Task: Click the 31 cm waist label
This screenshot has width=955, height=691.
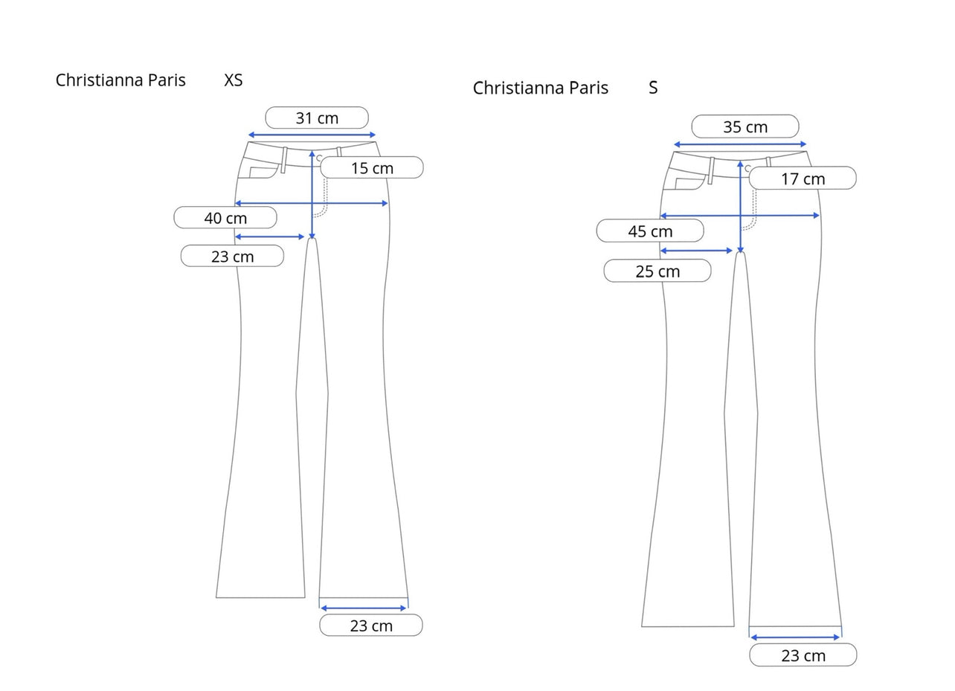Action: pyautogui.click(x=317, y=118)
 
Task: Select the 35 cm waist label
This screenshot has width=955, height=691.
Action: pyautogui.click(x=745, y=126)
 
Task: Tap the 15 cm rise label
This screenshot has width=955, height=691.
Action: pyautogui.click(x=372, y=168)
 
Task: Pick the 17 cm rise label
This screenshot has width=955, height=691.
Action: pyautogui.click(x=803, y=179)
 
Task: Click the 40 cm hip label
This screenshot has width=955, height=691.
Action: pyautogui.click(x=225, y=218)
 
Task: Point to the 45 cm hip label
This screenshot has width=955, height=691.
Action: pyautogui.click(x=650, y=231)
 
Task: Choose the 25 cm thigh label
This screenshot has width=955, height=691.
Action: pyautogui.click(x=657, y=271)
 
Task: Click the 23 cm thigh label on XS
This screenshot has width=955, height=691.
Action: pyautogui.click(x=232, y=257)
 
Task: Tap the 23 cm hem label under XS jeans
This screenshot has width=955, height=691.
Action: pyautogui.click(x=371, y=626)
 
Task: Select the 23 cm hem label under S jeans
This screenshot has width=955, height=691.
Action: pyautogui.click(x=803, y=655)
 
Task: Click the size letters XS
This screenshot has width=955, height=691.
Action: pyautogui.click(x=234, y=80)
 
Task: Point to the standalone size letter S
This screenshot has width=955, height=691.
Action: pyautogui.click(x=653, y=88)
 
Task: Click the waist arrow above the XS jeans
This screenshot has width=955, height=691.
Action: pyautogui.click(x=312, y=135)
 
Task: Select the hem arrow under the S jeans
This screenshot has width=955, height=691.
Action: pyautogui.click(x=795, y=637)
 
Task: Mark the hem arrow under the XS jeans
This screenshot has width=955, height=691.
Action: pyautogui.click(x=364, y=608)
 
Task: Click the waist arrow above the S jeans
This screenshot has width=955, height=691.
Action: pyautogui.click(x=740, y=144)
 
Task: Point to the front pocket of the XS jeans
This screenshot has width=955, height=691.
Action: pyautogui.click(x=264, y=173)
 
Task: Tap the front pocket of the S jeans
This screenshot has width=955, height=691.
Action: pyautogui.click(x=689, y=183)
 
